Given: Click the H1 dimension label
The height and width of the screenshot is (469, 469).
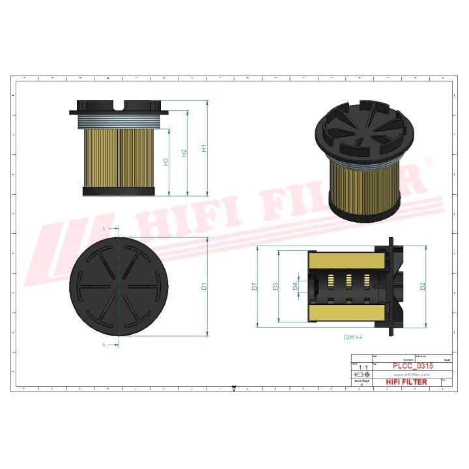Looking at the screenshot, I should coord(204,148).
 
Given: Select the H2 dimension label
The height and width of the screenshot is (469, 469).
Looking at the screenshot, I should coord(185,152).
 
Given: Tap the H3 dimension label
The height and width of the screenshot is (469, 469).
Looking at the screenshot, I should coord(166,162).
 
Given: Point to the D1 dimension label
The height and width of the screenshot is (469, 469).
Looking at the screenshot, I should coord(204,286).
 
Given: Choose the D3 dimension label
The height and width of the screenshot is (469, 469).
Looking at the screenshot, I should coord(276,286).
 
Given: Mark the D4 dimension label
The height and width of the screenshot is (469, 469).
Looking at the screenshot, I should coord(295,286).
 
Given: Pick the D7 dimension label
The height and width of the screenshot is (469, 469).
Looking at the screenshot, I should coord(255,286).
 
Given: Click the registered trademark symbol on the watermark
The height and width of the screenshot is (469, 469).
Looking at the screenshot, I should coord(429,160).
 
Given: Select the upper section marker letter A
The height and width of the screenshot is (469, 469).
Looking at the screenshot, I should coord(104,229).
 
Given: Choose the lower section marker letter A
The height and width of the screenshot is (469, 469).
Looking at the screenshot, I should coord(104,344).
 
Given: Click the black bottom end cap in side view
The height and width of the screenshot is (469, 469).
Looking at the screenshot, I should coord(119,192).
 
